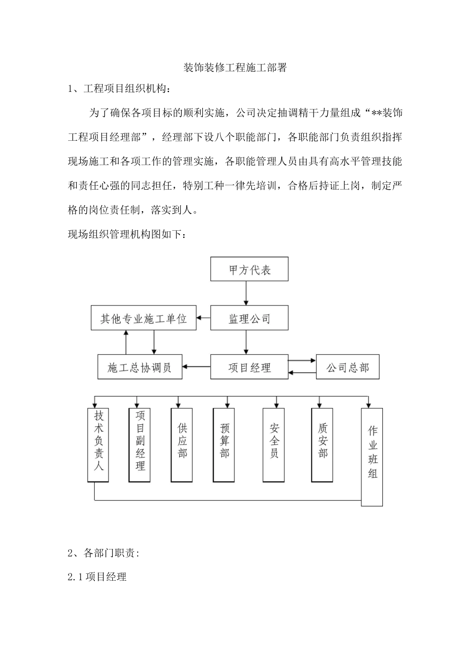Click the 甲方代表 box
point(249,269)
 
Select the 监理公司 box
point(249,318)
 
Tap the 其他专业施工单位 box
point(144,318)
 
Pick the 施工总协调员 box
point(140,367)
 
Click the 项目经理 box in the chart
point(249,367)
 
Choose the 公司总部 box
point(347,367)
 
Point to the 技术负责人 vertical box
point(99,445)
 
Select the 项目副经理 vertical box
point(140,445)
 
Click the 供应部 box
point(182,445)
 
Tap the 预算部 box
point(225,445)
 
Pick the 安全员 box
point(274,445)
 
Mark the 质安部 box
point(322,445)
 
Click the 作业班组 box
point(372,456)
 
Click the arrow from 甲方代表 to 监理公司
point(246,293)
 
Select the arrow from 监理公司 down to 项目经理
point(246,342)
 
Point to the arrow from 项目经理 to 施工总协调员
point(196,367)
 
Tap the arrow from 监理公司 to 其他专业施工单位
point(203,318)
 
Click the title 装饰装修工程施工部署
point(234,67)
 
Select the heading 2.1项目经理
point(97,577)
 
